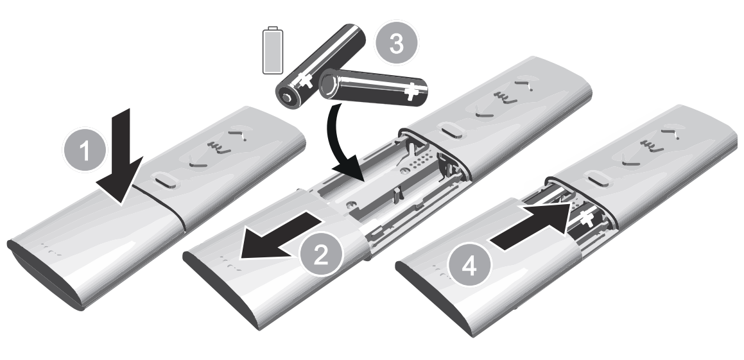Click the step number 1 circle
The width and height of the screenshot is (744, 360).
pos(85,150)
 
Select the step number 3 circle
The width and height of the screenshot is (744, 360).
pos(396,43)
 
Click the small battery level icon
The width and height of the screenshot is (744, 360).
pos(273,50)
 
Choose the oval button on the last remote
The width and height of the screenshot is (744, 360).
pos(599,179)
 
